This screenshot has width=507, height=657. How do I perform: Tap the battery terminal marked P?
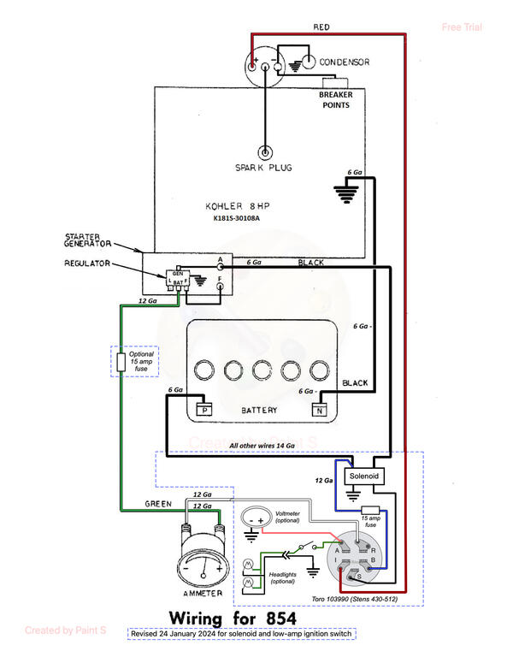[x=203, y=409]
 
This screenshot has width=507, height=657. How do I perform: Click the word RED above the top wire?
[x=321, y=27]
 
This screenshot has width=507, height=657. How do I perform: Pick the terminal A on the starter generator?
[x=220, y=266]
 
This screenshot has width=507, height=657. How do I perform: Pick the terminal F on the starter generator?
[x=220, y=287]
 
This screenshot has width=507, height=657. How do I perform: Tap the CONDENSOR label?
[x=344, y=62]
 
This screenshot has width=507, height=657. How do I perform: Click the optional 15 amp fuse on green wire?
[x=121, y=363]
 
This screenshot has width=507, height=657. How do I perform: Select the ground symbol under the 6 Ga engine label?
[x=346, y=194]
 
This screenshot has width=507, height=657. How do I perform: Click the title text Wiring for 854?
[x=231, y=617]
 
